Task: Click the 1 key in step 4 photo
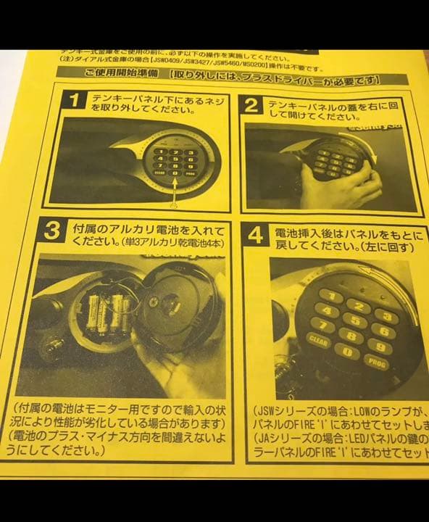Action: pos(330,295)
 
